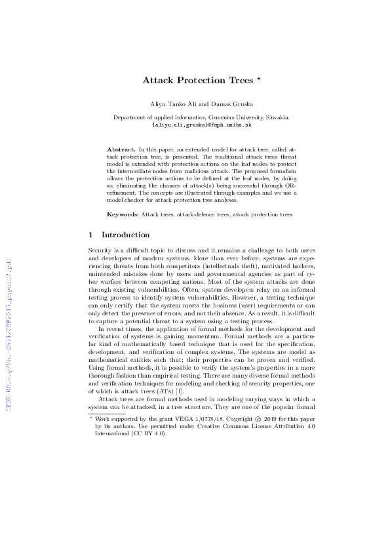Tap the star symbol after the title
click(x=260, y=79)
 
